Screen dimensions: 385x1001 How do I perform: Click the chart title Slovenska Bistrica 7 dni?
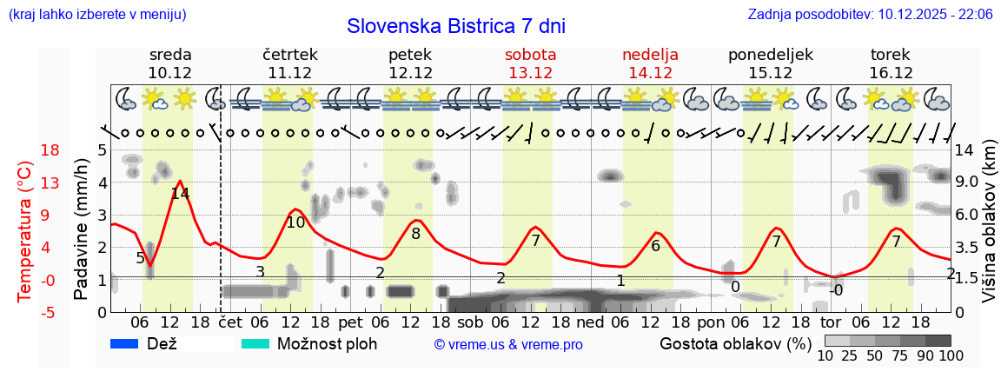coord(455,26)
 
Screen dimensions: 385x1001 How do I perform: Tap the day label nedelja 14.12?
coord(650,63)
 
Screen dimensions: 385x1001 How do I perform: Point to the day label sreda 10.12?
coord(170,63)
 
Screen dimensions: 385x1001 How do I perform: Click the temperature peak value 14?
coord(180,194)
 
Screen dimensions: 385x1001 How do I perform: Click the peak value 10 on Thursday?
coord(295,222)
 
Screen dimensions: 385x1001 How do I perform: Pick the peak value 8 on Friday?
coord(415,233)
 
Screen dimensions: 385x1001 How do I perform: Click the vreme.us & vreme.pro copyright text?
coord(508,344)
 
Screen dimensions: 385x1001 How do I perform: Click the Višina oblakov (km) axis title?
coord(989,231)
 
